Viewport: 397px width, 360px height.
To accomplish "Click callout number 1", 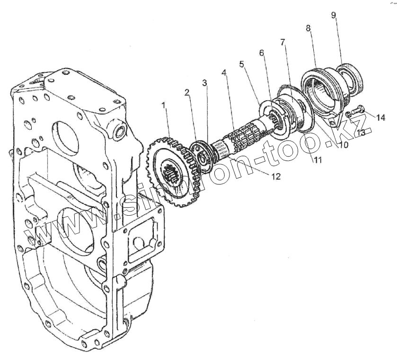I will pyautogui.click(x=164, y=105).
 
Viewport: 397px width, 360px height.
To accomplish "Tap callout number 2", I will pyautogui.click(x=187, y=92).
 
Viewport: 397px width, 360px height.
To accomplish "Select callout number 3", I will pyautogui.click(x=204, y=83).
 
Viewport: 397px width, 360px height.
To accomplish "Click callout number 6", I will pyautogui.click(x=261, y=53).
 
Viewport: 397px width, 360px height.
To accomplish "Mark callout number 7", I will pyautogui.click(x=282, y=43).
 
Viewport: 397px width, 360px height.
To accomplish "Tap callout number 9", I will pyautogui.click(x=334, y=15).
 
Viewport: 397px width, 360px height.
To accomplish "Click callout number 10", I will pyautogui.click(x=343, y=145).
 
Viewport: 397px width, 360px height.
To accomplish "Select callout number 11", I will pyautogui.click(x=317, y=160).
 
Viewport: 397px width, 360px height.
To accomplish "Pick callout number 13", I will pyautogui.click(x=361, y=133).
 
